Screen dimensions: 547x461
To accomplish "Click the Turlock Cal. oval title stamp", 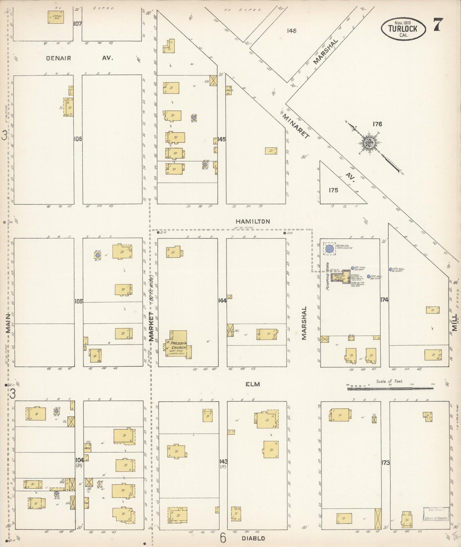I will (403, 29).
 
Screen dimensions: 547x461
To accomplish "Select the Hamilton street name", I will (253, 221).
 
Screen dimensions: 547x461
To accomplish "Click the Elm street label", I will (253, 384).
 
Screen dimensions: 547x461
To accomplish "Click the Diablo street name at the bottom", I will (253, 538).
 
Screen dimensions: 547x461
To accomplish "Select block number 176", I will (377, 124).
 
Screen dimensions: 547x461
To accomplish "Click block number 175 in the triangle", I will (333, 190).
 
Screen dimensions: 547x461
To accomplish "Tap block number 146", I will (292, 31).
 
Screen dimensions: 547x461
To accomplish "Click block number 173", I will (385, 462).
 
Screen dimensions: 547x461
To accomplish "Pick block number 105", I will (78, 301).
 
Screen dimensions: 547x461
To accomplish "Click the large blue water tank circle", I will (330, 249).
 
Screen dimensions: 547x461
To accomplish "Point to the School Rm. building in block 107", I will (56, 17).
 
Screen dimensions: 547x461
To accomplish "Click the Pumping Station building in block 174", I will (340, 278).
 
